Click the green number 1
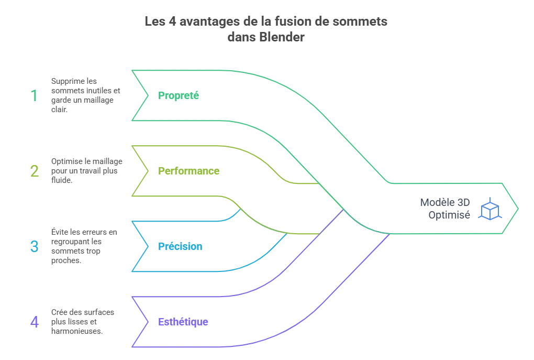click(35, 96)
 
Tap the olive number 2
click(35, 171)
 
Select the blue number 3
click(35, 247)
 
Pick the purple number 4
click(35, 322)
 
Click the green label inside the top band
click(178, 96)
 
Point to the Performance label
click(189, 171)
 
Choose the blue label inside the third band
click(180, 247)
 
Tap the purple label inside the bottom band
click(183, 322)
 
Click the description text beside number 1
click(84, 95)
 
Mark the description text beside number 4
click(84, 321)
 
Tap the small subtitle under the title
click(265, 37)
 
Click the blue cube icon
click(491, 209)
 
